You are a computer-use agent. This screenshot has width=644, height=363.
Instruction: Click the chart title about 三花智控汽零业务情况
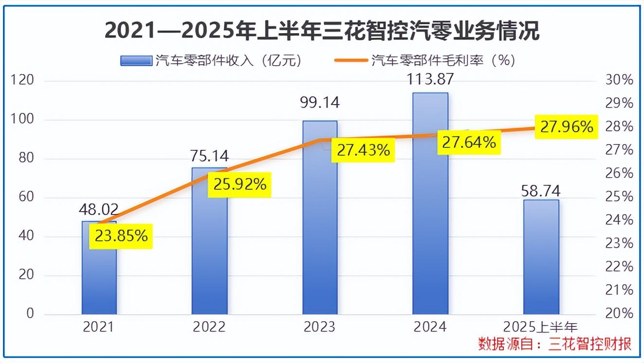[322, 32]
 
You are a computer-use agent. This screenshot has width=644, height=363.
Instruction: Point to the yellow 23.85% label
[121, 236]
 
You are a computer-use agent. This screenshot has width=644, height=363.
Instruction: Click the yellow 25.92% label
[239, 184]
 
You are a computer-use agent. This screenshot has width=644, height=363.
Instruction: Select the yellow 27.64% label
[469, 142]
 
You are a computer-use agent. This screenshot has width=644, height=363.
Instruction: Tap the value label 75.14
[210, 156]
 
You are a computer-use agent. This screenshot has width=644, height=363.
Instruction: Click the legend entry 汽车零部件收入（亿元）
[212, 60]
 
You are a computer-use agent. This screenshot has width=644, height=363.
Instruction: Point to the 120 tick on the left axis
[22, 81]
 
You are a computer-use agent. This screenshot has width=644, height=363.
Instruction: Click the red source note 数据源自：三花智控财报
[555, 344]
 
